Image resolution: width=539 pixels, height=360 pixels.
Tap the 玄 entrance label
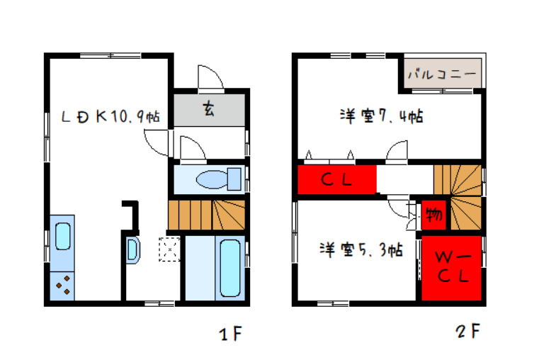[x=209, y=109]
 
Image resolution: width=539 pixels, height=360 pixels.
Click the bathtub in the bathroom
[x=230, y=268]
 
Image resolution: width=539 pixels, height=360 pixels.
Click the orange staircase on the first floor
[x=207, y=214]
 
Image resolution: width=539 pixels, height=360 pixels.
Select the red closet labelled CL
[x=336, y=179]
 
